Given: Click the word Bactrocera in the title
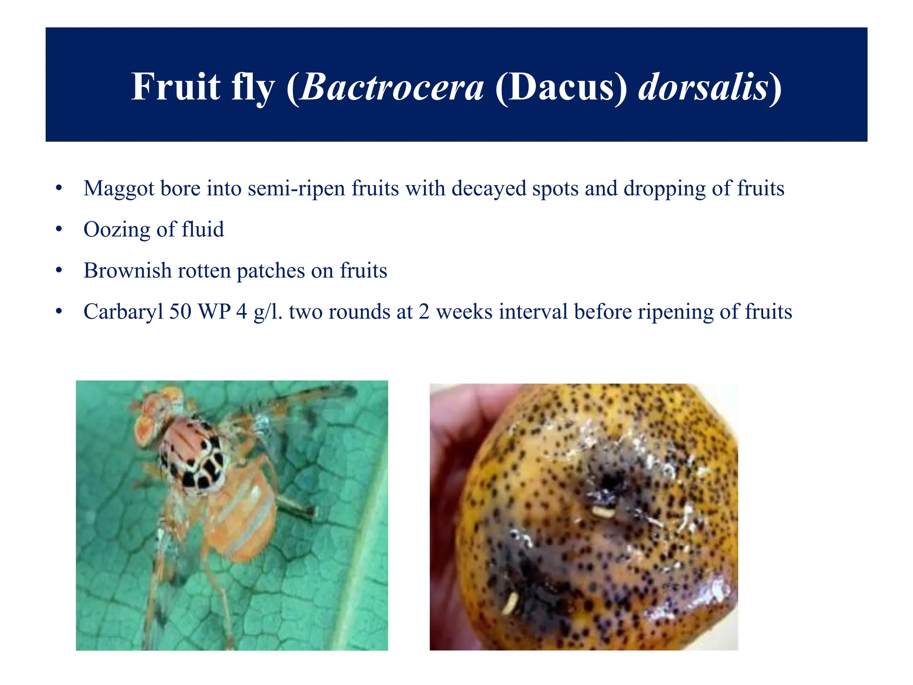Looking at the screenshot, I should pos(392,87).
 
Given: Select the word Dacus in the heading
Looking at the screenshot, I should pos(561,87).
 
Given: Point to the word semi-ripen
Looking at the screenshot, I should pos(296,189).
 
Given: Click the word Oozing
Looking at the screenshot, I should pos(117,230).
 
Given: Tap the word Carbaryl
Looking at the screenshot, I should pos(123,312).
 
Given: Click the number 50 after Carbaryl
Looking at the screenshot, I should pos(180,311).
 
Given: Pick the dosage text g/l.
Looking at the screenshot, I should pos(267,312).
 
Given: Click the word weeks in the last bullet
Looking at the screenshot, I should pos(464,311).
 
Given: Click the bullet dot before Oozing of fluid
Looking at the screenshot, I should pos(59,230).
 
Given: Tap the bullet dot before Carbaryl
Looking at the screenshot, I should pos(59,312).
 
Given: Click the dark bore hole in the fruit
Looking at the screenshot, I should pos(608,482).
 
